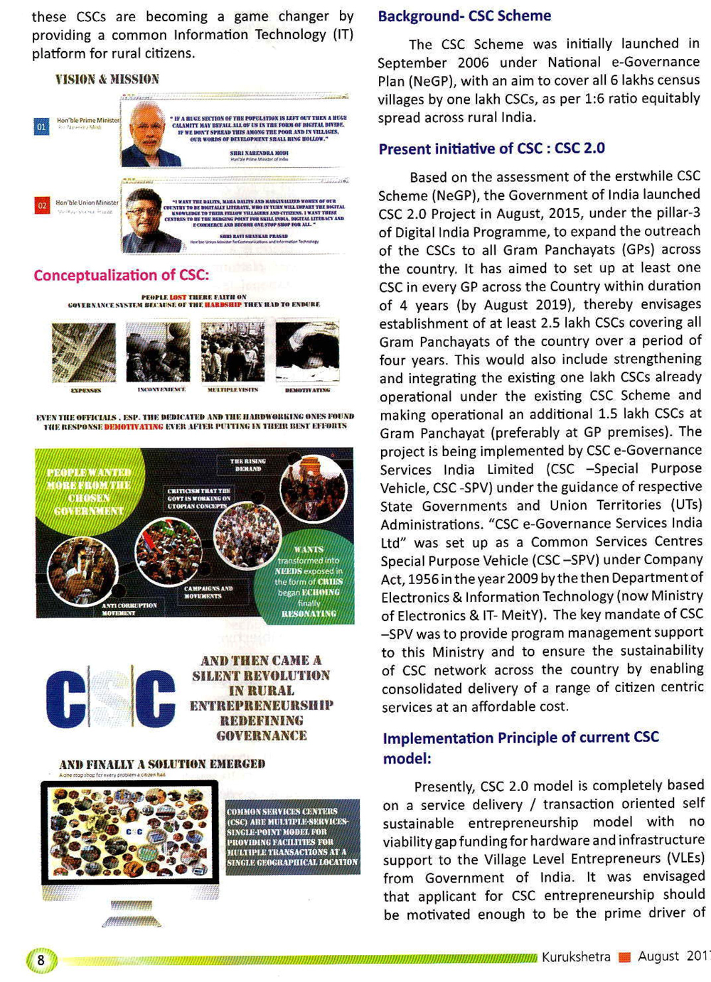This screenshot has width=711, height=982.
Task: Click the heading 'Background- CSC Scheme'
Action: point(464,16)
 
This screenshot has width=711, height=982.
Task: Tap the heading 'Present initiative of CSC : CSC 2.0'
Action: point(491,149)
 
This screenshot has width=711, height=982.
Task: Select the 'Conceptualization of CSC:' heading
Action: point(122,275)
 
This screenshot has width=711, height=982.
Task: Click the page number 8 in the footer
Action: point(41,960)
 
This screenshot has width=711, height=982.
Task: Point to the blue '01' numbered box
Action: point(42,126)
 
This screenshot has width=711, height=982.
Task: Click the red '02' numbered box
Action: point(42,205)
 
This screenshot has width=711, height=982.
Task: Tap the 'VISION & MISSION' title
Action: point(107,79)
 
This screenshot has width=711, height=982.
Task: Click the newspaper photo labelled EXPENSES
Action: point(84,352)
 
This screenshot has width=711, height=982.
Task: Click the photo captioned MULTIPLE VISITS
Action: point(232,352)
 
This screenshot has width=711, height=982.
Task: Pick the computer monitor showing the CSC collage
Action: point(130,833)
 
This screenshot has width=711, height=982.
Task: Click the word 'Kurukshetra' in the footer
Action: point(576,956)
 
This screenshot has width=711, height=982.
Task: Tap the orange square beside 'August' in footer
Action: point(625,957)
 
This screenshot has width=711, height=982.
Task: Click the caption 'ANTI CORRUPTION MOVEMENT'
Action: point(129,609)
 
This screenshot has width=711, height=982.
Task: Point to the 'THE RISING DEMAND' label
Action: point(248,465)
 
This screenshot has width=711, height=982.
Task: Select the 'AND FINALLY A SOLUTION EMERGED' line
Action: point(162,764)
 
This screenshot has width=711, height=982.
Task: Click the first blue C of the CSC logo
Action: point(65,698)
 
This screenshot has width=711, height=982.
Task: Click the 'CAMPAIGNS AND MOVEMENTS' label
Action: point(208,592)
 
